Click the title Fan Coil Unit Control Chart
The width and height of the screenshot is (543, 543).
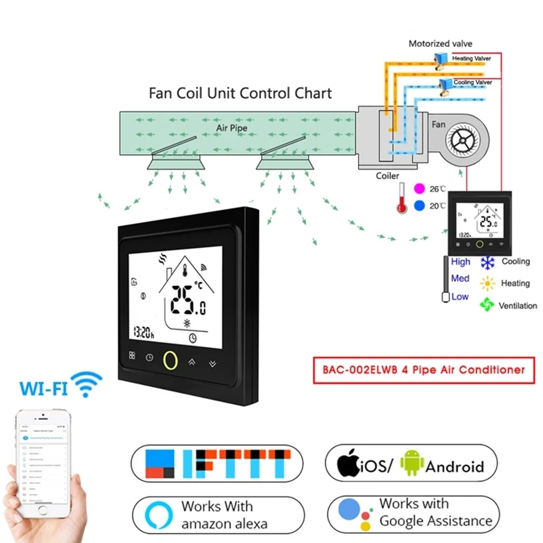click(240, 93)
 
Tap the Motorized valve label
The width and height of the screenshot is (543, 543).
click(440, 43)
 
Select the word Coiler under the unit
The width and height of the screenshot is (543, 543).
click(388, 175)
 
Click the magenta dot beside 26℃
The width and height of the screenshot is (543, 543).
click(419, 188)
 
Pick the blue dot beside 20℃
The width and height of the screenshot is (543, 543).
click(419, 206)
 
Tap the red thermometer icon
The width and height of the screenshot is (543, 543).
click(402, 198)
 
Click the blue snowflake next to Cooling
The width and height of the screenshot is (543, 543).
click(488, 262)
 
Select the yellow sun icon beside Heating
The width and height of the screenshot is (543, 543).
click(487, 283)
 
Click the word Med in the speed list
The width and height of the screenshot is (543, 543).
click(460, 279)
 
